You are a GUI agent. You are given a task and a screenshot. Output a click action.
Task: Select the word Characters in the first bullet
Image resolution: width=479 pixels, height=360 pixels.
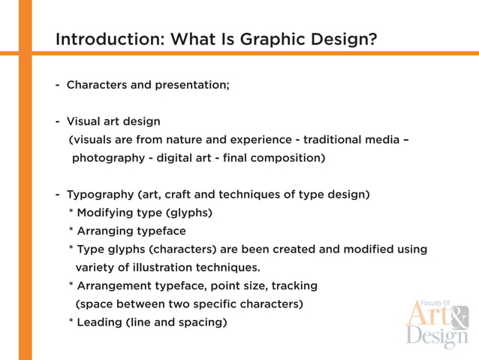[x=97, y=85]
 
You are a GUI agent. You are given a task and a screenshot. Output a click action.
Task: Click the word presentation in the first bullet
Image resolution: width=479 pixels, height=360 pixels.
[x=191, y=85]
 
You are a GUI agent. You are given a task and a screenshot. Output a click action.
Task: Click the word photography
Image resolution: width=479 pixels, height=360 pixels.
[x=107, y=159]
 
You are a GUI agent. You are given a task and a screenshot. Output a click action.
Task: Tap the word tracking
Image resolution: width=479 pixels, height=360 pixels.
[x=294, y=286]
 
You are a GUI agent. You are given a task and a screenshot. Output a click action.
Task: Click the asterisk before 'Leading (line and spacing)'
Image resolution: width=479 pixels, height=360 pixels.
[x=71, y=322]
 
